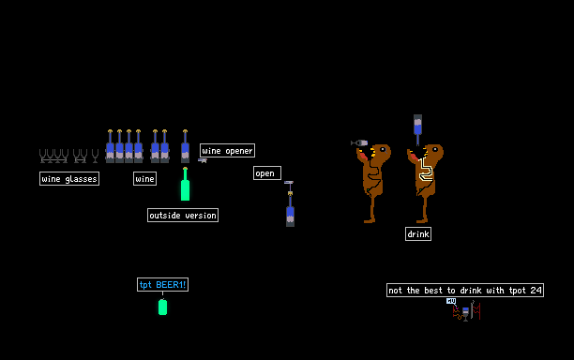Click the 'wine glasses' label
pos(69,178)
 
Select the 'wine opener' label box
pos(227,150)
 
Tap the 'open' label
pos(267,173)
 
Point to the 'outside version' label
pos(183,215)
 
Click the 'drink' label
pos(418,233)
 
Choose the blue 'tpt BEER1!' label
pos(162,284)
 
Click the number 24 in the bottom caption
pos(536,290)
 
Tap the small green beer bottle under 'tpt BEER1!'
pos(162,307)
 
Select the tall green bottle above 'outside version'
pos(185,184)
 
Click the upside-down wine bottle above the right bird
pos(417,128)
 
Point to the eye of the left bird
pos(383,149)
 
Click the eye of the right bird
pos(435,149)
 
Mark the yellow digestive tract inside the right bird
pos(426,169)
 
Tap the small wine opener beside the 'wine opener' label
pos(203,160)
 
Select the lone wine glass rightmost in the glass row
pos(95,156)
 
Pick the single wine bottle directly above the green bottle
pos(185,146)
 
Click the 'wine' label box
pos(145,178)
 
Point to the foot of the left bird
pos(370,220)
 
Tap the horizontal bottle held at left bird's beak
pos(359,142)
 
